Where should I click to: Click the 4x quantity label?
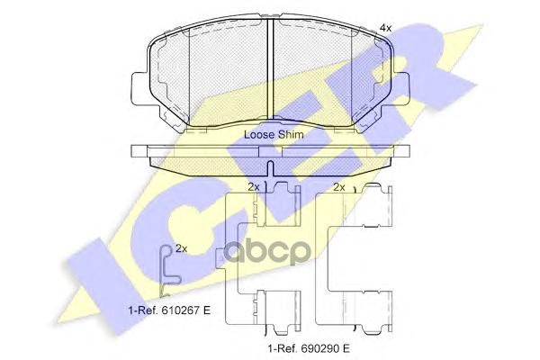[x=385, y=29]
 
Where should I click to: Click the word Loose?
[x=261, y=134]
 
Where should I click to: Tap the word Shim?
[x=291, y=134]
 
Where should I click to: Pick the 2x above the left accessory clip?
[x=254, y=187]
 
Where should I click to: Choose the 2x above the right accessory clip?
[x=339, y=187]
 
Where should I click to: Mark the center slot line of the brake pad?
[x=273, y=72]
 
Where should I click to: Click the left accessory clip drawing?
[x=261, y=256]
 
